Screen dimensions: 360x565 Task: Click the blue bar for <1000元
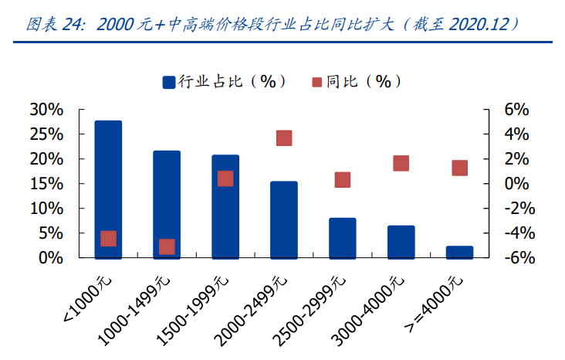tap(108, 189)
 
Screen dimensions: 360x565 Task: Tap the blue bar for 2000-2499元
tap(284, 219)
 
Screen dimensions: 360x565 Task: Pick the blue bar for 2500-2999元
tap(343, 238)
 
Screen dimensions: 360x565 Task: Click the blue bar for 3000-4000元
tap(401, 242)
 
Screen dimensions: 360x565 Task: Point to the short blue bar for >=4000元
tap(459, 252)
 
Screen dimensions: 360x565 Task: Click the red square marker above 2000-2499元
tap(284, 138)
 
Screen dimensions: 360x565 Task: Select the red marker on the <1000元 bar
tap(108, 239)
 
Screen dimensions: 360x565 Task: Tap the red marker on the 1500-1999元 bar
tap(225, 178)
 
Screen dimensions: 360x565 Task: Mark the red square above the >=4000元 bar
tap(459, 168)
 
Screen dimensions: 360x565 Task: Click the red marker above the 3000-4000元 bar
tap(401, 163)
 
